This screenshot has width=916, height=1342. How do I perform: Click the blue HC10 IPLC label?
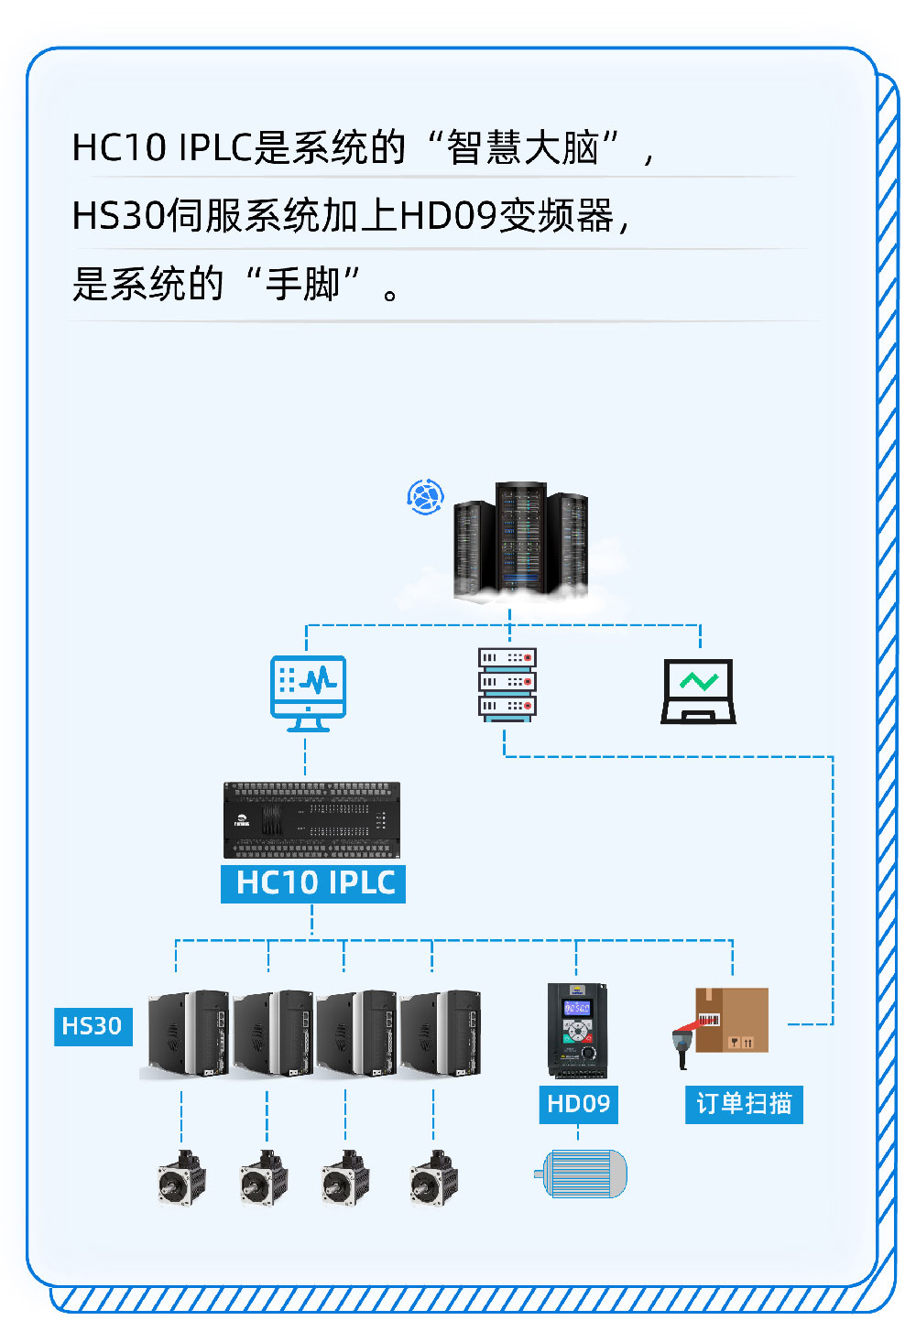pos(313,883)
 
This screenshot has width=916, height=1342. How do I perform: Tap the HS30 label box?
pos(93,1026)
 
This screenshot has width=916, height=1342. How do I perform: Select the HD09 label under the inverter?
pos(578,1103)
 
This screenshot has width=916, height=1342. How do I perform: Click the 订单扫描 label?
pos(744,1103)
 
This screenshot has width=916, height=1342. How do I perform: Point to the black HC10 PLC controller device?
pos(311,820)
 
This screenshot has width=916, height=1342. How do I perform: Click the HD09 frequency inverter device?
pos(577,1031)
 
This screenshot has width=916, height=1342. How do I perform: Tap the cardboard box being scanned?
pos(733,1020)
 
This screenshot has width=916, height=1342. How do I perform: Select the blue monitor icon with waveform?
pos(309,693)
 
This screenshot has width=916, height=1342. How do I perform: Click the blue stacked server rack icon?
pos(507,684)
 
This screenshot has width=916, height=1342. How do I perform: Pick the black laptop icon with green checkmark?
pos(699,692)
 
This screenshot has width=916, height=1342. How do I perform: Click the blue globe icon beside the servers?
pos(425,497)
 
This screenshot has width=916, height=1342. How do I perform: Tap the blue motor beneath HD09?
pos(583,1174)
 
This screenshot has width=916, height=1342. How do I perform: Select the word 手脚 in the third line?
pos(303,284)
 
